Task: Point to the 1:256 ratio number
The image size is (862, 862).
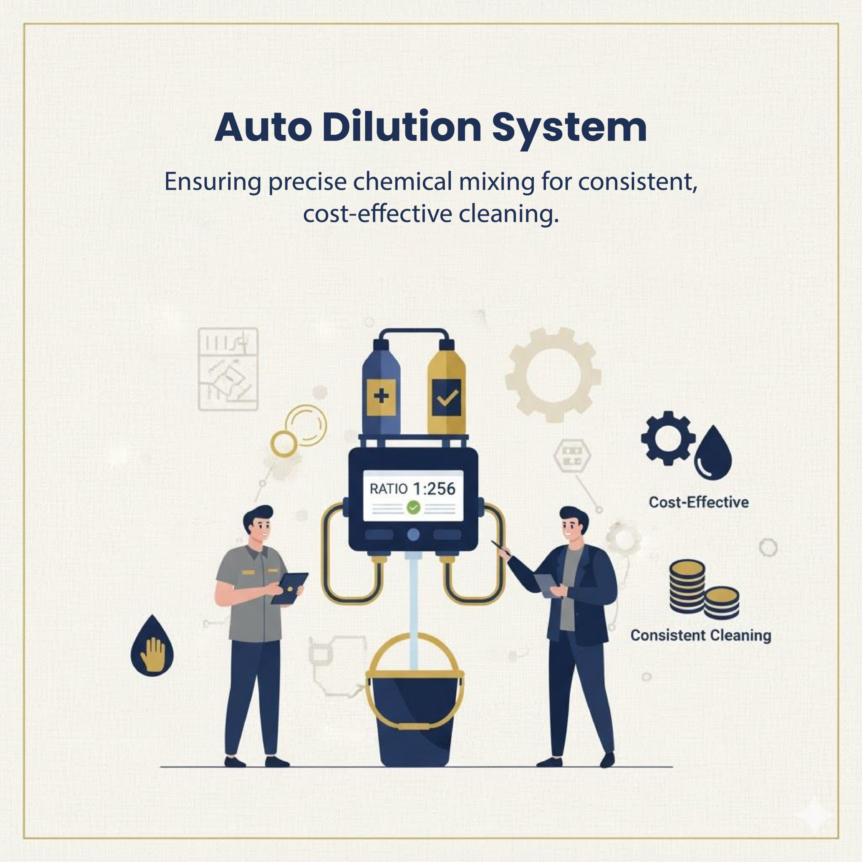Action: coord(434,489)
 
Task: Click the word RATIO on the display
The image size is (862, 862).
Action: coord(388,489)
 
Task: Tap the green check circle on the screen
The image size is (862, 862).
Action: coord(413,507)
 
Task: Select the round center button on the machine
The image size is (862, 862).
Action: coord(413,534)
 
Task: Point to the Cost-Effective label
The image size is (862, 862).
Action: coord(699,502)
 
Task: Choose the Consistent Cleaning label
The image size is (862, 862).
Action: coord(700,635)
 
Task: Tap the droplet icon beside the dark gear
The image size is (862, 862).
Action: coord(713,454)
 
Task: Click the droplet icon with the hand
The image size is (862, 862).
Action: coord(152,647)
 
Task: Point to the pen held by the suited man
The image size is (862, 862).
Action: coord(501,548)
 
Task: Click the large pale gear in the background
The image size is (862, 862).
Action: coord(553,375)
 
